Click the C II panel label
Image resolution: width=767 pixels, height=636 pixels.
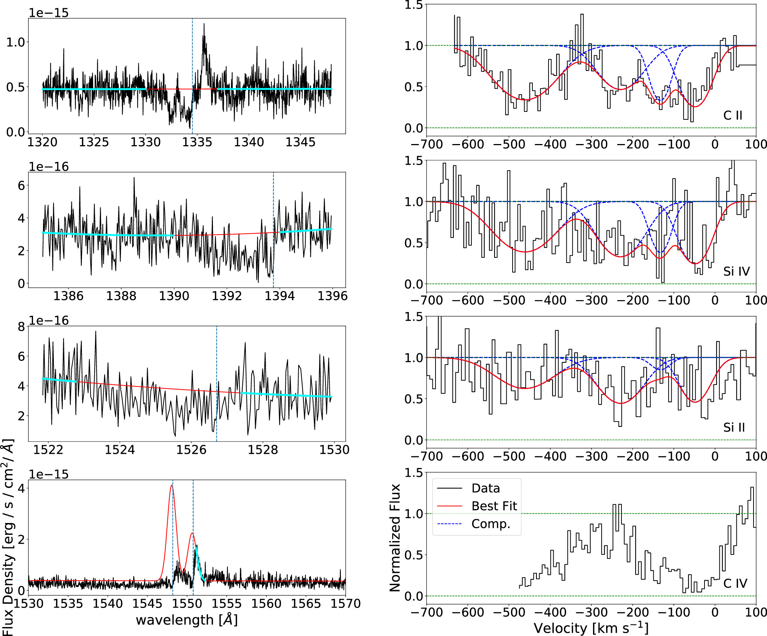(x=733, y=115)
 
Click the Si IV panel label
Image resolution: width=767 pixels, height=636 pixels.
(x=736, y=271)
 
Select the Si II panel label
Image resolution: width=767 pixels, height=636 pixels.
(x=734, y=427)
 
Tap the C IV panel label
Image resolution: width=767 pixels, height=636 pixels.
(x=735, y=583)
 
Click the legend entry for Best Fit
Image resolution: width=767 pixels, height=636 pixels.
(x=494, y=506)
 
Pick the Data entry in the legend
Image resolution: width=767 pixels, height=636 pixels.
(x=485, y=488)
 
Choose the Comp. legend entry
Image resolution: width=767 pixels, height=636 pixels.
(x=491, y=524)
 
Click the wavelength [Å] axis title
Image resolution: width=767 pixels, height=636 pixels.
(x=187, y=620)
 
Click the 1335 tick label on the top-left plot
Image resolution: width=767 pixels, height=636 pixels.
(x=197, y=142)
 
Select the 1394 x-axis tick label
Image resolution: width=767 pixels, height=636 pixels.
(x=279, y=296)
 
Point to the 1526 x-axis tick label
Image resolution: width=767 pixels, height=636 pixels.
(x=191, y=449)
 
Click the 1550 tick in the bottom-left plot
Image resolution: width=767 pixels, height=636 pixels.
(x=187, y=603)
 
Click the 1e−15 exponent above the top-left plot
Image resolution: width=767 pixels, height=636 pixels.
(x=49, y=13)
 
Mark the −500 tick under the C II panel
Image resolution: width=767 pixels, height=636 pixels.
(x=509, y=144)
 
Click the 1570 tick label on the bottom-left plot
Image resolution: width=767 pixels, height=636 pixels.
(x=345, y=603)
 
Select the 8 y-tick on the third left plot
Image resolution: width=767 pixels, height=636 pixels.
(x=21, y=327)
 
